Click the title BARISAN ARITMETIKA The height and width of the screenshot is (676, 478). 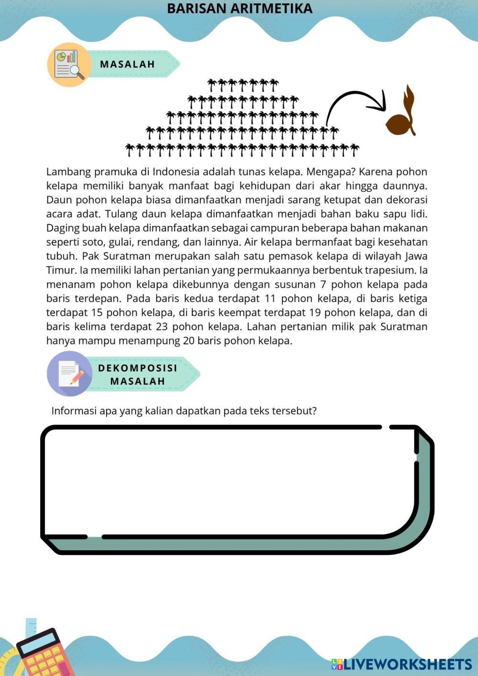pyautogui.click(x=239, y=9)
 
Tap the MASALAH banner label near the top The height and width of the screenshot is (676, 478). pyautogui.click(x=128, y=64)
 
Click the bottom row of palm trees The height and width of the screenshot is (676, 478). pyautogui.click(x=242, y=150)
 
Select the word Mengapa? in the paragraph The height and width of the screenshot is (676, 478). pyautogui.click(x=326, y=172)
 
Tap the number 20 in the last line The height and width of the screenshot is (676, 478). pyautogui.click(x=188, y=341)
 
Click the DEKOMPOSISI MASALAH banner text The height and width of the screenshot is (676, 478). pyautogui.click(x=138, y=374)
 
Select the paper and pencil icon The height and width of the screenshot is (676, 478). pyautogui.click(x=70, y=373)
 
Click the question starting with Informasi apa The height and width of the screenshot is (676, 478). pyautogui.click(x=184, y=411)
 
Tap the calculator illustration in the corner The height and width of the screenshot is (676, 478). pyautogui.click(x=43, y=653)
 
